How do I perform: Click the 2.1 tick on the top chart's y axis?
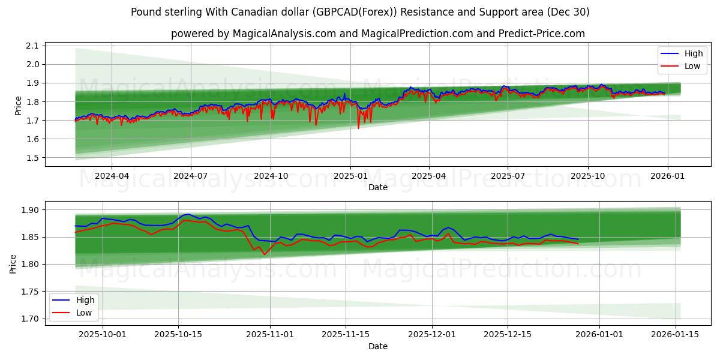(x=32, y=46)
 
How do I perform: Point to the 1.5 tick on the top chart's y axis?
(x=32, y=158)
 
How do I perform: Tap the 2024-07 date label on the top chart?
(x=191, y=176)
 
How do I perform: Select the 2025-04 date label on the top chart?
(x=428, y=176)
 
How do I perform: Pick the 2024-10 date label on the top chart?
(x=270, y=176)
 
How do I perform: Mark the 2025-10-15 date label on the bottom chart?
(x=178, y=335)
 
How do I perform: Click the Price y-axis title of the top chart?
(x=17, y=106)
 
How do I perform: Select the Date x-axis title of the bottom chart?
(x=378, y=346)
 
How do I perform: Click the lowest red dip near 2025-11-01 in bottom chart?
(x=264, y=254)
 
